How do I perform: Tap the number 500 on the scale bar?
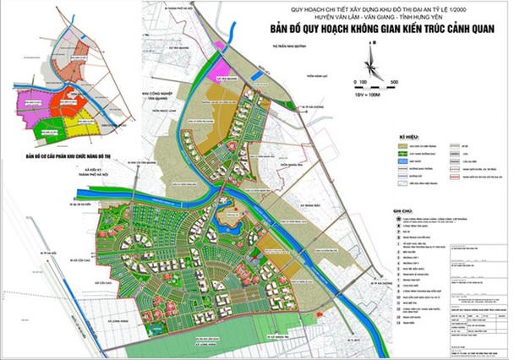[x=393, y=82]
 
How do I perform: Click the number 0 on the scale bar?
[x=360, y=82]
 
